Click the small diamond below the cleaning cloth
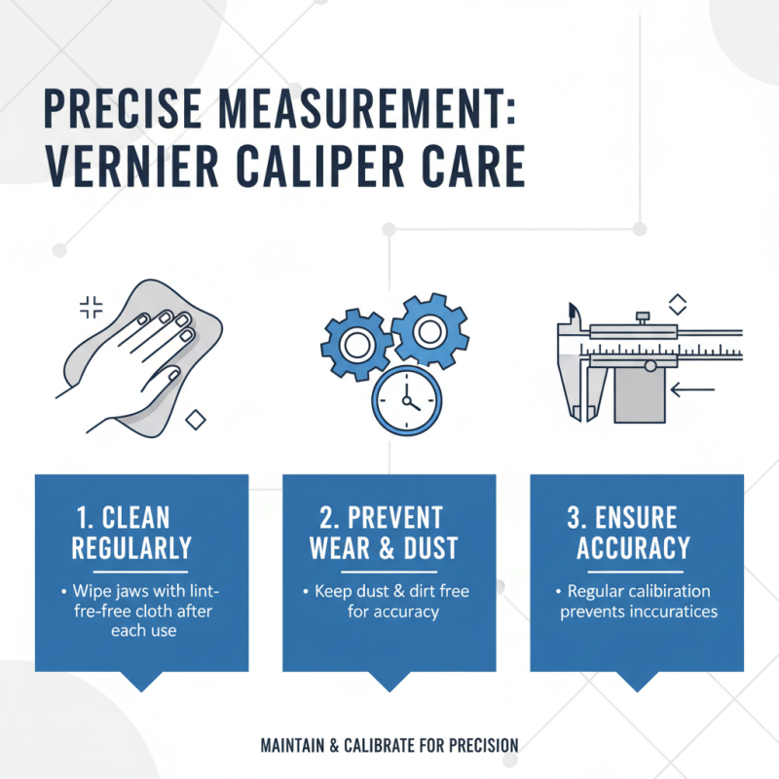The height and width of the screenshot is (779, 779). (196, 420)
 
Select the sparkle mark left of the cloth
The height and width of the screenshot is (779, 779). (91, 309)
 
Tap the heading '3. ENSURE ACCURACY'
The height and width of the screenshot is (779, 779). (633, 532)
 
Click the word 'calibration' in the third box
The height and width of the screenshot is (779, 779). (669, 592)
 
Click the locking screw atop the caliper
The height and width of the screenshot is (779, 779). (642, 315)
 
